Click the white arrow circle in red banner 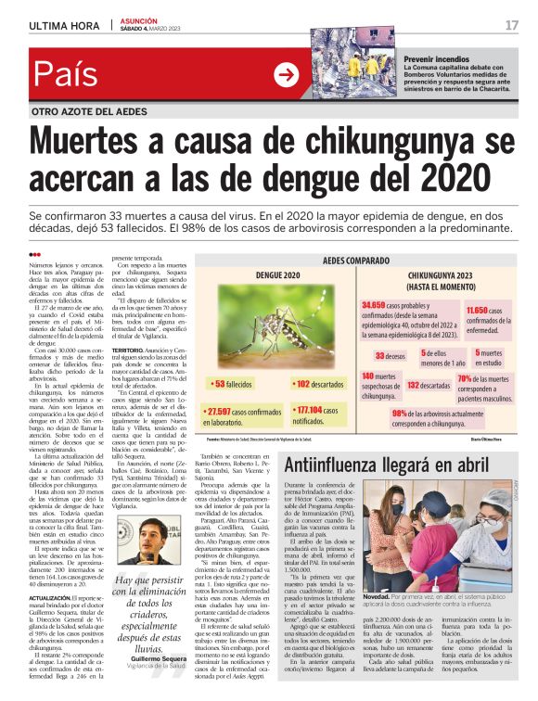(x=286, y=75)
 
